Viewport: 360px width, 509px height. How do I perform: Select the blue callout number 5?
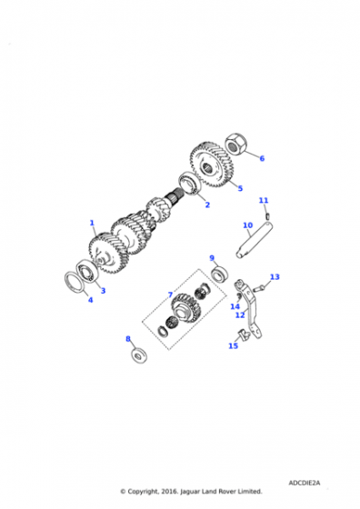pos(240,188)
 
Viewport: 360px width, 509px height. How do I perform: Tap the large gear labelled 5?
pos(211,165)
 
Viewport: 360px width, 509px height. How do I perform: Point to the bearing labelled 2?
pos(191,185)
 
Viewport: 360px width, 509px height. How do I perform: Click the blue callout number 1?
pos(92,223)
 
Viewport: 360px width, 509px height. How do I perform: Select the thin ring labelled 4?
pos(75,283)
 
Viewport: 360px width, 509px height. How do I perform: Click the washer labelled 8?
pos(139,355)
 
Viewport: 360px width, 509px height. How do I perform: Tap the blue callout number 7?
pos(170,294)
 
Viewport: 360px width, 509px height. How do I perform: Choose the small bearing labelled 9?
pos(219,274)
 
